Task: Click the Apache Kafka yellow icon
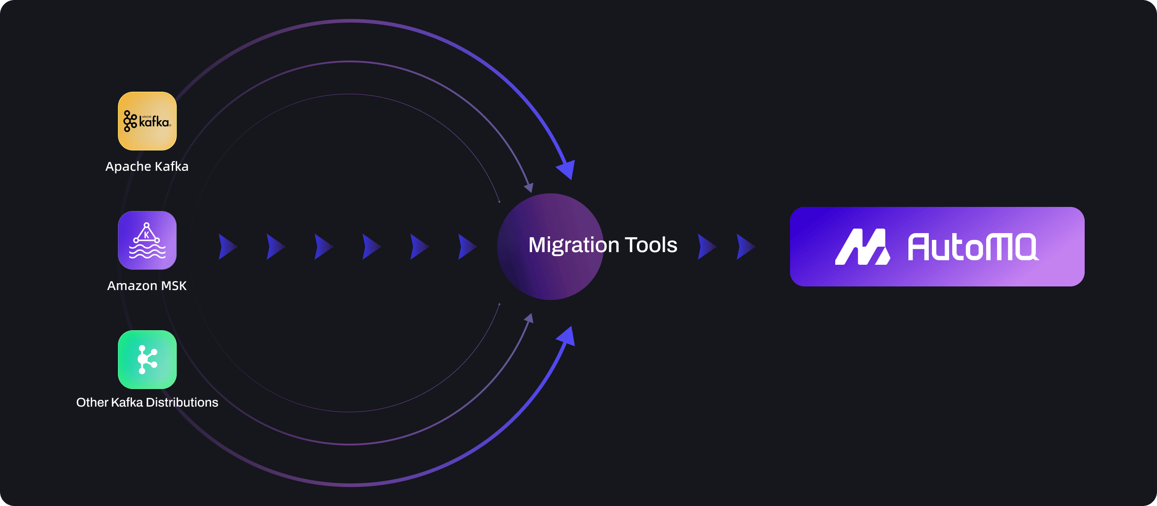click(147, 121)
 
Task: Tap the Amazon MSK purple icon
click(147, 240)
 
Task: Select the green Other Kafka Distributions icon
click(147, 360)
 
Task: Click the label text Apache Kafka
click(147, 167)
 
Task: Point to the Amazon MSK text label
click(147, 286)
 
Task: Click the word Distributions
click(182, 402)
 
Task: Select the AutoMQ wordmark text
click(973, 247)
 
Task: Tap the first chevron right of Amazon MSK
click(227, 247)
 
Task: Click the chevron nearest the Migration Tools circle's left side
click(467, 247)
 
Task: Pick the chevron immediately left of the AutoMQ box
click(745, 247)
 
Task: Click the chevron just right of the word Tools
click(706, 247)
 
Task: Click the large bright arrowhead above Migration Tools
click(567, 169)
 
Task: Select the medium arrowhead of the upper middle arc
click(529, 187)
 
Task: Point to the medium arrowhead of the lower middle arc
click(529, 319)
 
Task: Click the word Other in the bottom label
click(92, 402)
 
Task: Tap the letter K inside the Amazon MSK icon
click(146, 235)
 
